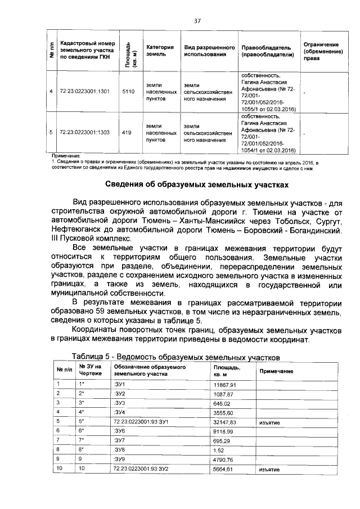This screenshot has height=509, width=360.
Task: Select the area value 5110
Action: (128, 91)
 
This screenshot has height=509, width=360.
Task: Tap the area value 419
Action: (127, 133)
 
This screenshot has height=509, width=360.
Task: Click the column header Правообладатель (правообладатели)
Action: (265, 51)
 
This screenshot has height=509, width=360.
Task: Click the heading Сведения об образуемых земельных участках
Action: (197, 184)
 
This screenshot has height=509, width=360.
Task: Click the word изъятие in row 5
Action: (270, 421)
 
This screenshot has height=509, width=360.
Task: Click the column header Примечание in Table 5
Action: (276, 372)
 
